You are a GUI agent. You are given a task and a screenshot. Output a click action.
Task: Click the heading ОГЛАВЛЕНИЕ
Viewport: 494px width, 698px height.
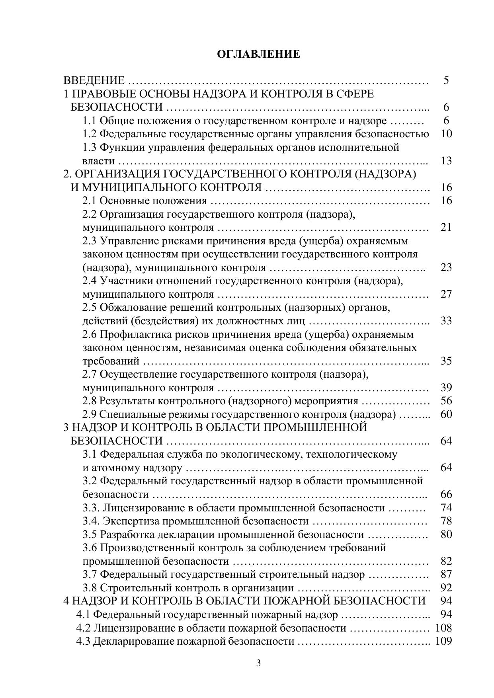coord(258,54)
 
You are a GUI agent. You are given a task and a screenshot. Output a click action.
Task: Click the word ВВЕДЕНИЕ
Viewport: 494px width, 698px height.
coord(94,80)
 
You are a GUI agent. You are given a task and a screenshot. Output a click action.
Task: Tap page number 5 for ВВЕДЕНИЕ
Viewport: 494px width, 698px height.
coord(446,80)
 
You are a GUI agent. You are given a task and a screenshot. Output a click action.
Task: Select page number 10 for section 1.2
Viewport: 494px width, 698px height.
coord(446,134)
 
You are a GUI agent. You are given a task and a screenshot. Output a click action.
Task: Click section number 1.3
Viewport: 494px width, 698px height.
coord(89,147)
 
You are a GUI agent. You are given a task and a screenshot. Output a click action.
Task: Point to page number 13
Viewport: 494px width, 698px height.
coord(446,161)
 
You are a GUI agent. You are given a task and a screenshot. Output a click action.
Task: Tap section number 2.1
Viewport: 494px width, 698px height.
coord(89,201)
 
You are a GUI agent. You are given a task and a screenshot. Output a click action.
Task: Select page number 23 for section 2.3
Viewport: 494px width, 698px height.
coord(446,267)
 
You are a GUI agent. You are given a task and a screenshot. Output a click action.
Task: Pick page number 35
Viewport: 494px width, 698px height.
coord(446,361)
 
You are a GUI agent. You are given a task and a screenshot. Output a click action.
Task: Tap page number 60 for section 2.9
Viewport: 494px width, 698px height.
coord(446,414)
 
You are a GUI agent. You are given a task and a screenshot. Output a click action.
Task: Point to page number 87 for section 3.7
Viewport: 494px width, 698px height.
coord(446,574)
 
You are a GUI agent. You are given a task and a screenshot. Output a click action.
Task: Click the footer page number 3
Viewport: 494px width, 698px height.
coord(258,663)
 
